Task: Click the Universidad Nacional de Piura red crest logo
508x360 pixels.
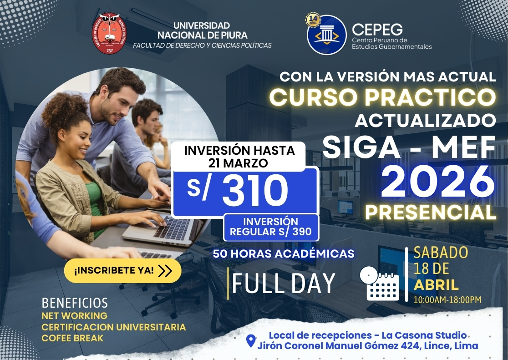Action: click(x=109, y=34)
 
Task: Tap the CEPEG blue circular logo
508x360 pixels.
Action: click(x=327, y=35)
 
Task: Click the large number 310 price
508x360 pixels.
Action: click(x=255, y=191)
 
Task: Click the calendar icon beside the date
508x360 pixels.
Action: click(x=380, y=282)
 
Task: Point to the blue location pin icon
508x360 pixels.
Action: click(x=250, y=341)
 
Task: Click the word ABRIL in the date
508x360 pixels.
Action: click(x=436, y=285)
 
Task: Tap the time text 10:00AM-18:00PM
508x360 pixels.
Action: click(x=447, y=300)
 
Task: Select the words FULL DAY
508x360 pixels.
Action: click(x=283, y=283)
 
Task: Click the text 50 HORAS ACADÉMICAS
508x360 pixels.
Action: click(x=283, y=254)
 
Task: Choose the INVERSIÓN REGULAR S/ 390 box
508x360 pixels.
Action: click(x=270, y=227)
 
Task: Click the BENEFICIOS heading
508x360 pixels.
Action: click(x=75, y=303)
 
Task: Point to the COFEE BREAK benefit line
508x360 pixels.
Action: click(x=72, y=338)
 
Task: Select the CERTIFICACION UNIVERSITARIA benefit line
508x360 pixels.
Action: click(x=113, y=327)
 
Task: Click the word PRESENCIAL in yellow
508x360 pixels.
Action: click(x=431, y=212)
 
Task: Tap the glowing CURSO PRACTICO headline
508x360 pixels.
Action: click(x=382, y=97)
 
